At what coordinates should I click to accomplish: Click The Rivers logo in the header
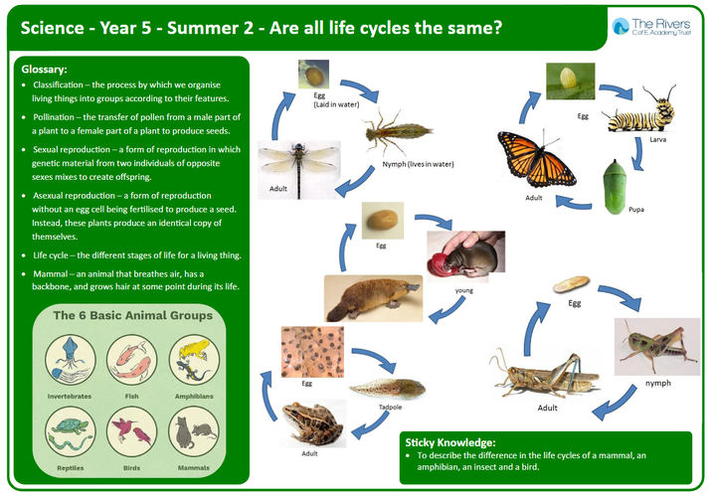(651, 27)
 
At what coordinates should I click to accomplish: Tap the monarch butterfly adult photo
(536, 159)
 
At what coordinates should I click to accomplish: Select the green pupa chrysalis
(615, 187)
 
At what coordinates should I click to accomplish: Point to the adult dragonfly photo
(299, 170)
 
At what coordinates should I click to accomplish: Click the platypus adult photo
(373, 298)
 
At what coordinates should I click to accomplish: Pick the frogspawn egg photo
(312, 352)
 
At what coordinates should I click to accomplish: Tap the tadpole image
(387, 389)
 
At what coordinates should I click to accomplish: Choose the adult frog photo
(312, 423)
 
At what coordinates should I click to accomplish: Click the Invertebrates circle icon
(70, 361)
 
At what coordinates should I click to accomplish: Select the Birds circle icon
(132, 432)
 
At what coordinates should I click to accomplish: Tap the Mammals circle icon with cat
(194, 432)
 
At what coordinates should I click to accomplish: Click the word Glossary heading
(44, 70)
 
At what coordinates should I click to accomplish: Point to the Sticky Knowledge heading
(450, 442)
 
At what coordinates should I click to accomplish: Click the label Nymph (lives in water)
(418, 164)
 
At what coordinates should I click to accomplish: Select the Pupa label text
(636, 210)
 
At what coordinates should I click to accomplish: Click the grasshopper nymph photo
(657, 347)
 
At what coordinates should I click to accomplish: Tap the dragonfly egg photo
(313, 75)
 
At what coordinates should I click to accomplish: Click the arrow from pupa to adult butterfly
(574, 203)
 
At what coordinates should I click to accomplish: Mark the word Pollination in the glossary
(53, 117)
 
